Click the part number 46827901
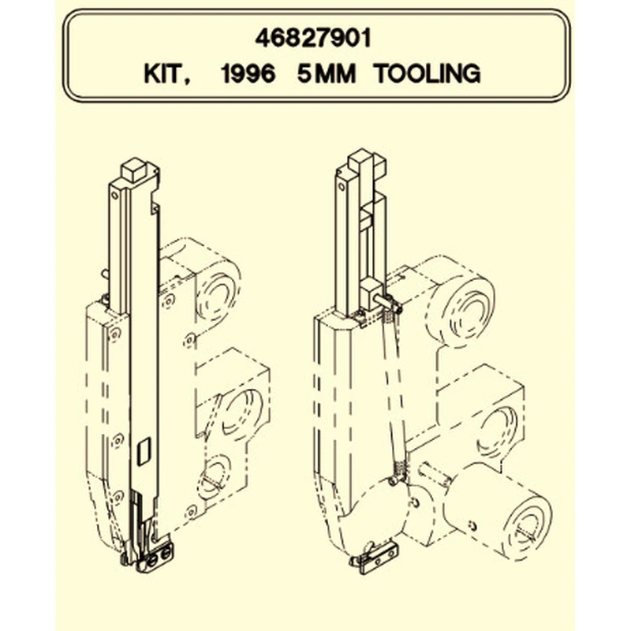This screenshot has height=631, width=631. pos(312,39)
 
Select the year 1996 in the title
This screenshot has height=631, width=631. pos(248,73)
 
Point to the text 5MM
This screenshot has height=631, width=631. pos(327,73)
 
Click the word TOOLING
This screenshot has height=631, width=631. pos(427,73)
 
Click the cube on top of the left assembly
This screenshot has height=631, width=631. pos(133,170)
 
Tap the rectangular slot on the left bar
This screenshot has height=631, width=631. pos(144,451)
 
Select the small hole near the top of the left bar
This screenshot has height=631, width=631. pos(115,196)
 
